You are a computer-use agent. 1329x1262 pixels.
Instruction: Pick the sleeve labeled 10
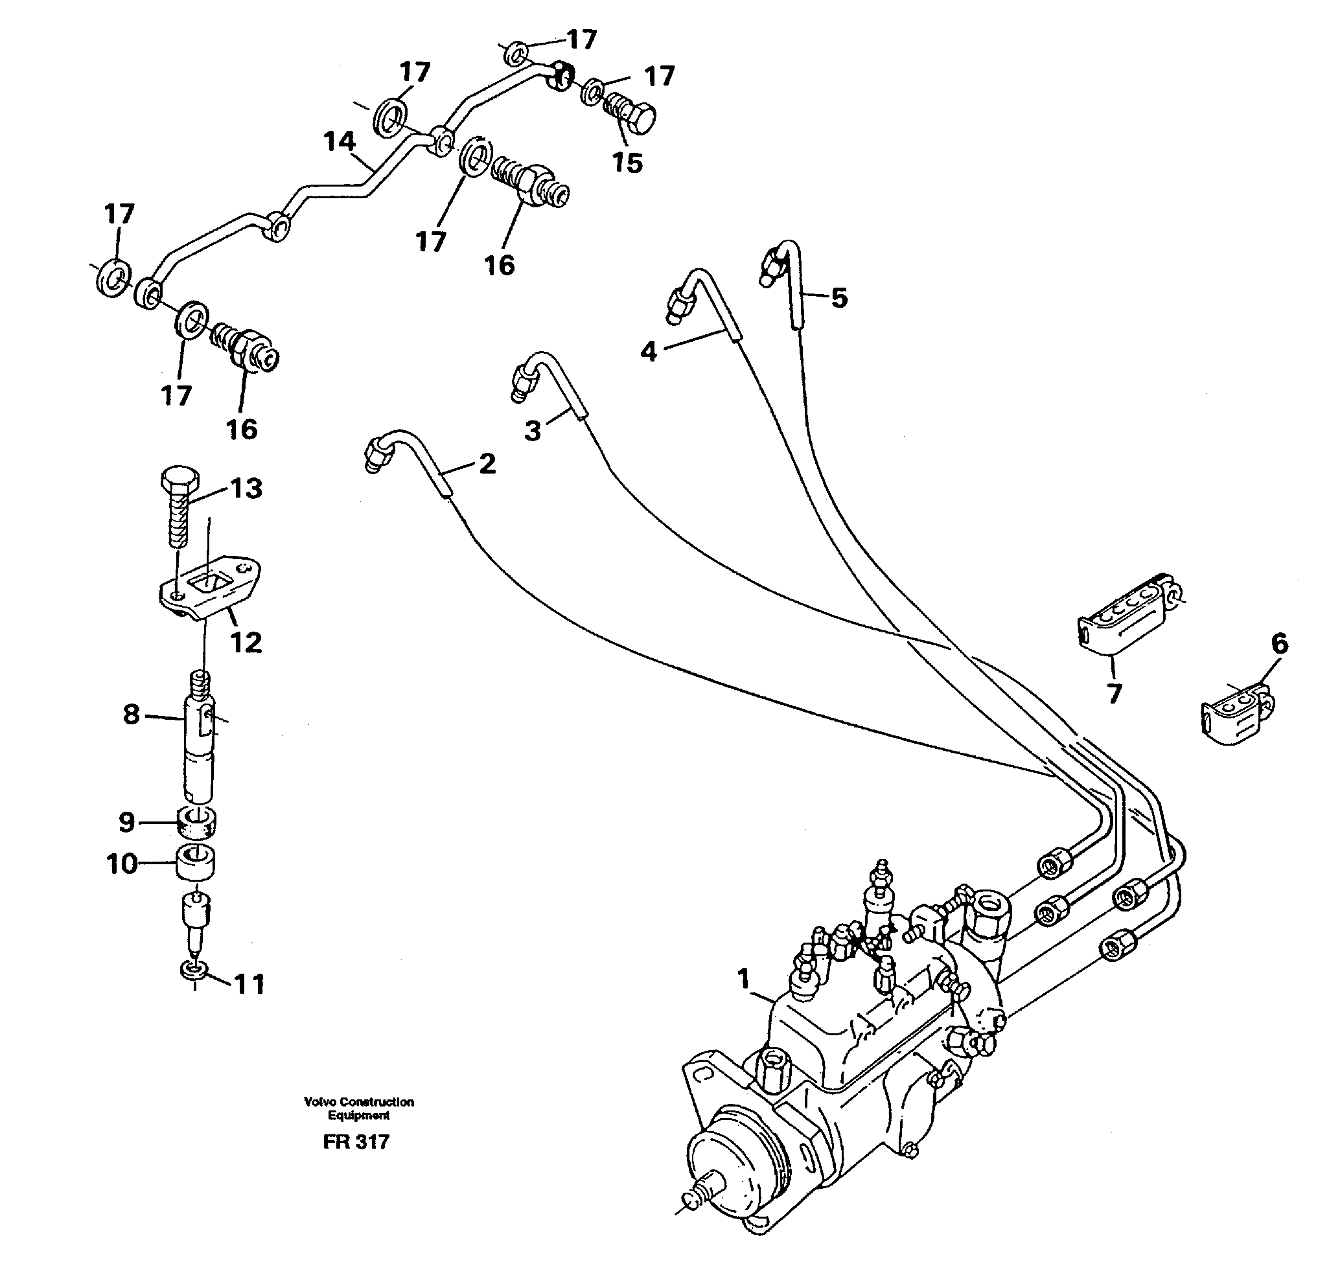click(x=196, y=864)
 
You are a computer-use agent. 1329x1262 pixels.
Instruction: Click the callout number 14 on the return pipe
click(x=339, y=142)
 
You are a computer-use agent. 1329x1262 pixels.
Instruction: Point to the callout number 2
click(x=487, y=464)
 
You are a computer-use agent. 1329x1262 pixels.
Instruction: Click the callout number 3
click(x=532, y=431)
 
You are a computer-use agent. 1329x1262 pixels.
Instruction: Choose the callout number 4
click(x=648, y=351)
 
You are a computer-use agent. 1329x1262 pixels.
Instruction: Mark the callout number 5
click(x=838, y=297)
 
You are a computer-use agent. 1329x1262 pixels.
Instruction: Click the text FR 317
click(x=356, y=1142)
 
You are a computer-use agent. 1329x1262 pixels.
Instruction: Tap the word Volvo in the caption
click(x=320, y=1102)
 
